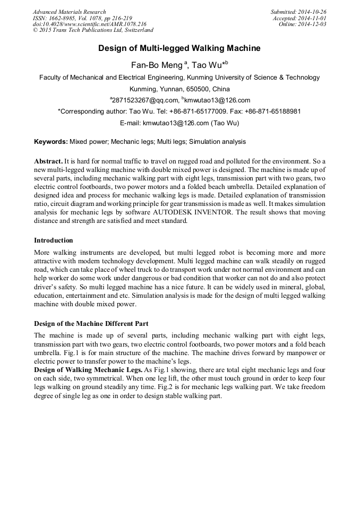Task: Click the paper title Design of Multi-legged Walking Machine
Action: tap(179, 48)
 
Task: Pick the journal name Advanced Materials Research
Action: tap(69, 12)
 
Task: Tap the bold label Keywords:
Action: tap(51, 142)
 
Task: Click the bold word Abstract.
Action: tap(48, 160)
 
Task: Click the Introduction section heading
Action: tap(54, 240)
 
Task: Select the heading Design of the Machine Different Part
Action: tap(91, 323)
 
